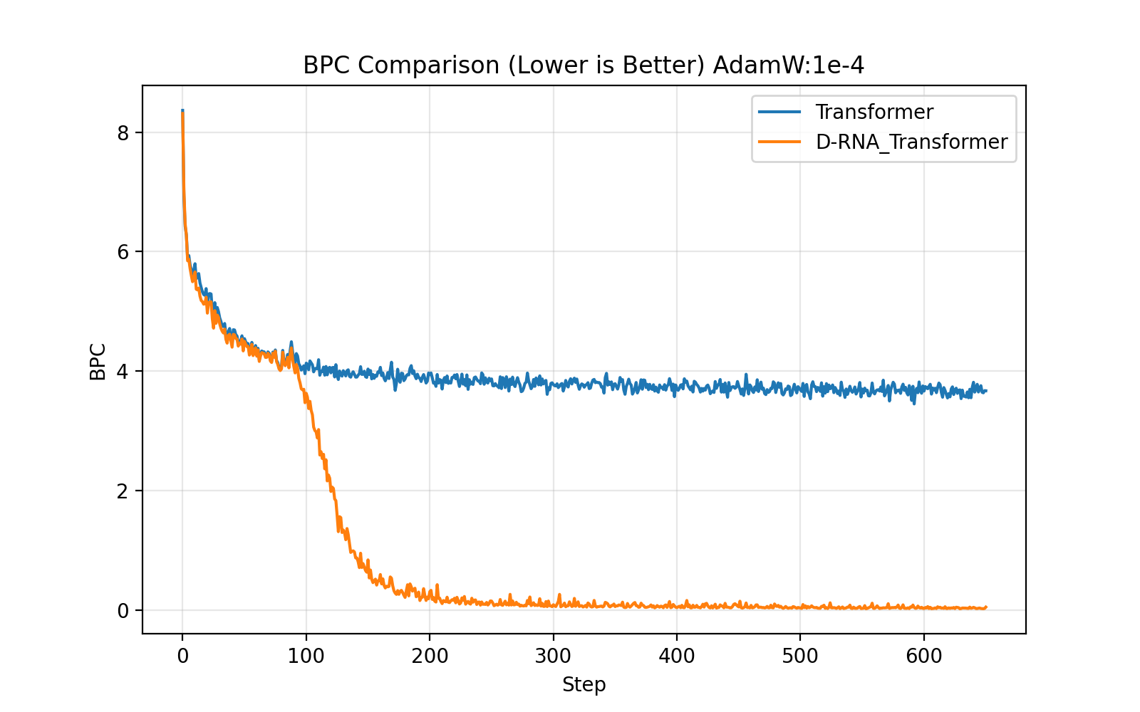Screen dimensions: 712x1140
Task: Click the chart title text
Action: point(584,66)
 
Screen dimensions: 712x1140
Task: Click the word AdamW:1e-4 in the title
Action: point(789,66)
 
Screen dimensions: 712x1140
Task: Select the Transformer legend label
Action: point(874,112)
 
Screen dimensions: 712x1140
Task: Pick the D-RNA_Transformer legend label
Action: point(911,142)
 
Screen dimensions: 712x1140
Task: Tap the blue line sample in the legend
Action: point(779,112)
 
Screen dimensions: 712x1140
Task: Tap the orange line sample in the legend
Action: point(779,142)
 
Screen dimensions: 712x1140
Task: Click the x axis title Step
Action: point(584,685)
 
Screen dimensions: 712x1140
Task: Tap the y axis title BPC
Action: point(98,362)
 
